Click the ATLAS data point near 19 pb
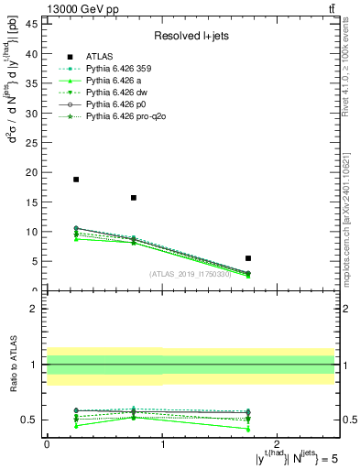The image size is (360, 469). (76, 180)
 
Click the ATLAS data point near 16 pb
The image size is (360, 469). (134, 198)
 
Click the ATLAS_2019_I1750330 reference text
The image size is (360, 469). (191, 274)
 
